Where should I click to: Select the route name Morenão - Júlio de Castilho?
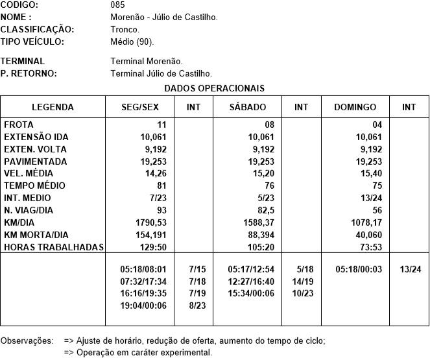[x=164, y=17]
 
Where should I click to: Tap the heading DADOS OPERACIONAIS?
[x=214, y=88]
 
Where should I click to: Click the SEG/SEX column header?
[x=141, y=107]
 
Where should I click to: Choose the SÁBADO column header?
[x=248, y=107]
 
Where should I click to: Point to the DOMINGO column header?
[x=355, y=107]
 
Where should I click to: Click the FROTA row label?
[x=19, y=125]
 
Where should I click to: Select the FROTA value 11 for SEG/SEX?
[x=161, y=125]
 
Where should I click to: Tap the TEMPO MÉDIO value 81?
[x=161, y=186]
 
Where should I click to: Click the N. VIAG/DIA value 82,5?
[x=263, y=210]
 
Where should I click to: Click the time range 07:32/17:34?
[x=143, y=281]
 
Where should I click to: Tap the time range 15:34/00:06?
[x=251, y=293]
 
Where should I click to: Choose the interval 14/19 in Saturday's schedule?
[x=303, y=281]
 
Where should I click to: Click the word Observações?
[x=27, y=340]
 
